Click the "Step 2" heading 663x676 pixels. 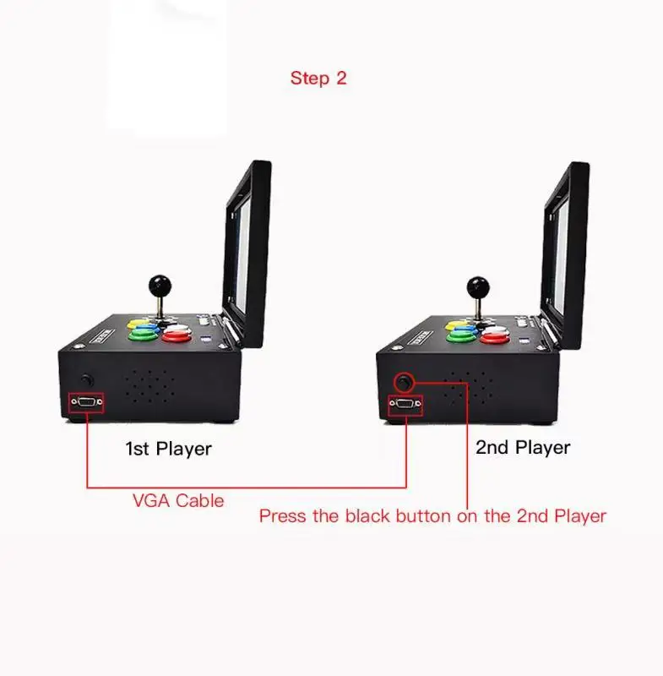pyautogui.click(x=318, y=79)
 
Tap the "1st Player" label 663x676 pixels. pyautogui.click(x=168, y=449)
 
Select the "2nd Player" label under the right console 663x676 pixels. pyautogui.click(x=523, y=447)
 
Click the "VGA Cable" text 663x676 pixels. pyautogui.click(x=178, y=500)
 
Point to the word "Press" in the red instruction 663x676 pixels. pyautogui.click(x=283, y=515)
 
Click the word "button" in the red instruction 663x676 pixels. pyautogui.click(x=419, y=515)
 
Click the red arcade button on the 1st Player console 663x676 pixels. pyautogui.click(x=178, y=335)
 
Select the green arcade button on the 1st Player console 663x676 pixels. pyautogui.click(x=142, y=334)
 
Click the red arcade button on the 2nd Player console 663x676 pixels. pyautogui.click(x=494, y=337)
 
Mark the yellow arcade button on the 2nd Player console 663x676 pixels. pyautogui.click(x=456, y=324)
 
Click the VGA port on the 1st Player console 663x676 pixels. pyautogui.click(x=86, y=403)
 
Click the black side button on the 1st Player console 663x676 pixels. pyautogui.click(x=86, y=380)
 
